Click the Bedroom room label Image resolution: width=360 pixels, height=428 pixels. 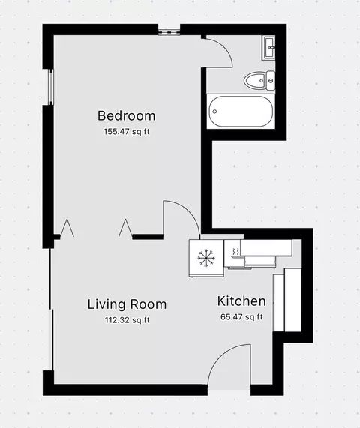(127, 115)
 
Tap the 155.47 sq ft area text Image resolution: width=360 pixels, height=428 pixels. (127, 132)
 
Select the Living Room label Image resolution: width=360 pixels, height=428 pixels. (127, 304)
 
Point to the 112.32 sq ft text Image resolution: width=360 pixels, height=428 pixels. (127, 320)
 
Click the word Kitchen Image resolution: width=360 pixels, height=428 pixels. (241, 301)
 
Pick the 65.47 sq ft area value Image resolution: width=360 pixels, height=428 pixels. (241, 317)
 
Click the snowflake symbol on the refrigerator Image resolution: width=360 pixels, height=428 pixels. (206, 257)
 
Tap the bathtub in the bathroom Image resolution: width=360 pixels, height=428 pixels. (241, 112)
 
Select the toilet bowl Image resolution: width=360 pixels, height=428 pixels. (255, 80)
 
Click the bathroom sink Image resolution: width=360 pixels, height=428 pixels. (269, 48)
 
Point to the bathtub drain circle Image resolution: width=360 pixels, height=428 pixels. (214, 112)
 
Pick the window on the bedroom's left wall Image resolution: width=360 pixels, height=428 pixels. (50, 87)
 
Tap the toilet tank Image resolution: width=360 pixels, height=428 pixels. (271, 80)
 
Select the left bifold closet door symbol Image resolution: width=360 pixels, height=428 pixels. (67, 228)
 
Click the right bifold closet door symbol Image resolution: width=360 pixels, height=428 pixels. (126, 228)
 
